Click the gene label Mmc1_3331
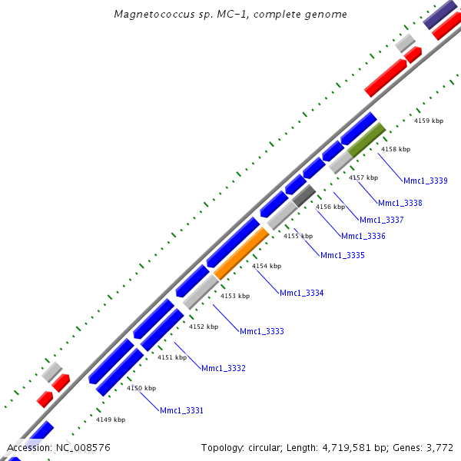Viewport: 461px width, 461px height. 182,410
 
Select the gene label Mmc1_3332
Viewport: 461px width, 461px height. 224,369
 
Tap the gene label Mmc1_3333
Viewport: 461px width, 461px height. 262,331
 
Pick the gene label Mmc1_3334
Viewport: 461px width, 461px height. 302,293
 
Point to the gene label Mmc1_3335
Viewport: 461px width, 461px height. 343,255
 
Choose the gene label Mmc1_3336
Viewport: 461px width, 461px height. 363,236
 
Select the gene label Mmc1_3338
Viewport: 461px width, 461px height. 400,203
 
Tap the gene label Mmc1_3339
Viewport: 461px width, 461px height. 426,181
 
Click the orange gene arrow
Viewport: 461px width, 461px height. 241,254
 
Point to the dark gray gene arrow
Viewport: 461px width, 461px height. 304,195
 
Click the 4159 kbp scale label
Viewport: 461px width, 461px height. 429,121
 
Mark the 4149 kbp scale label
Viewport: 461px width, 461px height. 111,420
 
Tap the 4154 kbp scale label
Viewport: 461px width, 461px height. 267,266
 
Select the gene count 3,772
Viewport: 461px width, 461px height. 439,447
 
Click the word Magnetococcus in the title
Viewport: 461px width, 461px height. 150,14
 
